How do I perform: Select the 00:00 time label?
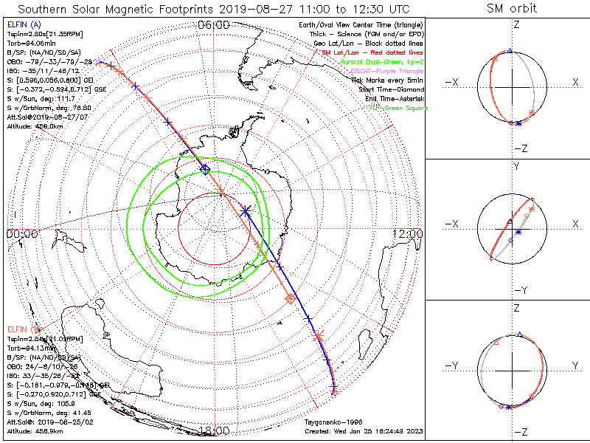pos(22,233)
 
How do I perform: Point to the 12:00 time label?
pos(408,233)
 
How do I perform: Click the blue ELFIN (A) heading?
pos(24,24)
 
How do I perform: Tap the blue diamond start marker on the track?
pos(206,170)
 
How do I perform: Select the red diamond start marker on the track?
pos(291,299)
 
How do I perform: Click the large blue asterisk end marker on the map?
pos(246,210)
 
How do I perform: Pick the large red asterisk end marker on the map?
pos(319,337)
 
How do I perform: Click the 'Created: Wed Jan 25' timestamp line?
pos(364,430)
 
